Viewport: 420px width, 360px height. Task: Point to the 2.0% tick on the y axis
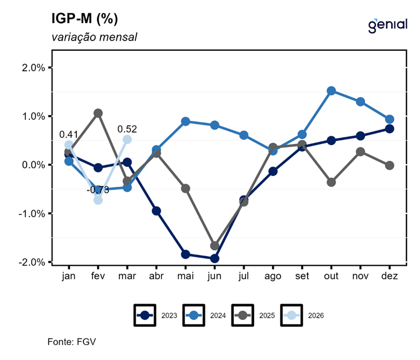coord(33,68)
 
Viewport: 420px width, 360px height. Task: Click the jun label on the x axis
coord(215,276)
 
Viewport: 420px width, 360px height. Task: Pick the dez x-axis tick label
coord(390,276)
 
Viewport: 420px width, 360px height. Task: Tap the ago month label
coord(273,276)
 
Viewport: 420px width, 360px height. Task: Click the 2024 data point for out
coord(331,91)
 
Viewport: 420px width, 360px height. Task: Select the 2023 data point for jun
coord(215,258)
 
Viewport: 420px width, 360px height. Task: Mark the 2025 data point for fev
coord(98,113)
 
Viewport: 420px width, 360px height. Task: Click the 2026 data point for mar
coord(127,139)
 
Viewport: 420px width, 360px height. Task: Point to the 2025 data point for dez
coord(390,165)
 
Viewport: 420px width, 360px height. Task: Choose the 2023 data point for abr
coord(156,211)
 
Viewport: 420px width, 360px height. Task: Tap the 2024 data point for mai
coord(186,121)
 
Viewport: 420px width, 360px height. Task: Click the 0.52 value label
coord(127,129)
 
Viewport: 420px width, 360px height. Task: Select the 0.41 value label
coord(69,135)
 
